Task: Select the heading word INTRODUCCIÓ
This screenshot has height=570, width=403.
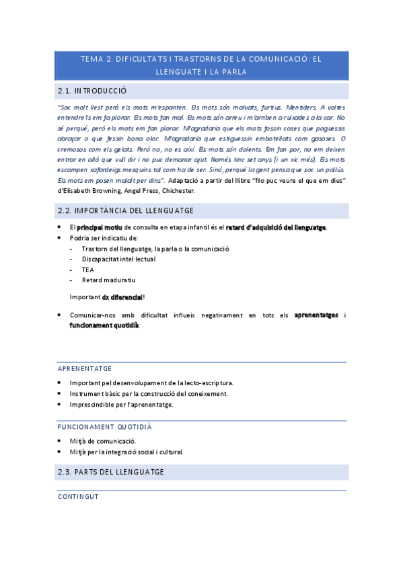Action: tap(100, 91)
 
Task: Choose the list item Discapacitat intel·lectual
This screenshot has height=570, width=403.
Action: tap(118, 258)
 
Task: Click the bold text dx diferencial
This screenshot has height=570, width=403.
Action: tap(122, 296)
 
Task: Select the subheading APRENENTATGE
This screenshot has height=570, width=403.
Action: tap(85, 369)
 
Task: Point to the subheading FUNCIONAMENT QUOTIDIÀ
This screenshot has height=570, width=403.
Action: tap(105, 427)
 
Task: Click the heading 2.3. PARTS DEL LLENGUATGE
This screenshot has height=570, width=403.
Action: tap(111, 473)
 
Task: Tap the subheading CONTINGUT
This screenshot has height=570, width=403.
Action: tap(78, 497)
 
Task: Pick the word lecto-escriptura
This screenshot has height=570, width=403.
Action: tap(205, 383)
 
